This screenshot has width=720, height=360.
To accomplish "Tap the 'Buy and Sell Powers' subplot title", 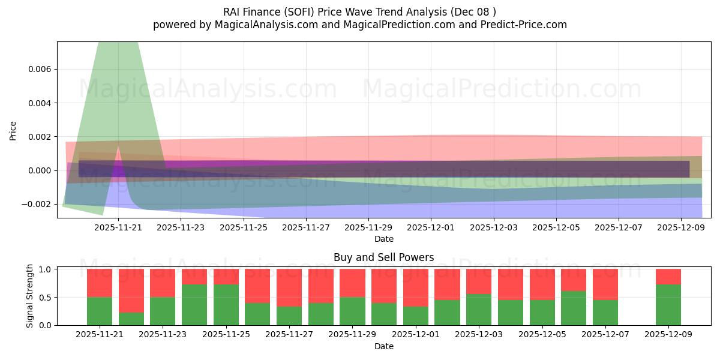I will pos(383,257).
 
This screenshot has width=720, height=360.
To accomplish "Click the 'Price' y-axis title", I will pos(13,130).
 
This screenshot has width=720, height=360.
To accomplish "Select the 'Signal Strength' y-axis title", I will pos(30,296).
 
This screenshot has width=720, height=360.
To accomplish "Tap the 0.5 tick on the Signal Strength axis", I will pos(46,297).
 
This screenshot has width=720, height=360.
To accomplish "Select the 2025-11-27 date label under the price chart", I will pos(306,228).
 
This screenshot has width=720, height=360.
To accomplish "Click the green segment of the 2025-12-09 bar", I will pos(668,305).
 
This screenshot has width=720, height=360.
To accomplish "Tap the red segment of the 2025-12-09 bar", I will pos(668,277).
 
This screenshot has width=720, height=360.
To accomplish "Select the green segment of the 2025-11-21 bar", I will pos(100,311).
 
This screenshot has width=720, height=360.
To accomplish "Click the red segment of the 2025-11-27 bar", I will pos(289,288).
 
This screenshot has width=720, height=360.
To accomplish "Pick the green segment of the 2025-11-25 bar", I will pos(226,305).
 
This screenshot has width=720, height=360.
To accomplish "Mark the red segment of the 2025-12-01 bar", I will pos(415,288).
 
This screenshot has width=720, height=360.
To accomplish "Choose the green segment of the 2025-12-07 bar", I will pos(605,313).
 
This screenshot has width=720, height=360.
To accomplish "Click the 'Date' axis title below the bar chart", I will pos(383,346).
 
